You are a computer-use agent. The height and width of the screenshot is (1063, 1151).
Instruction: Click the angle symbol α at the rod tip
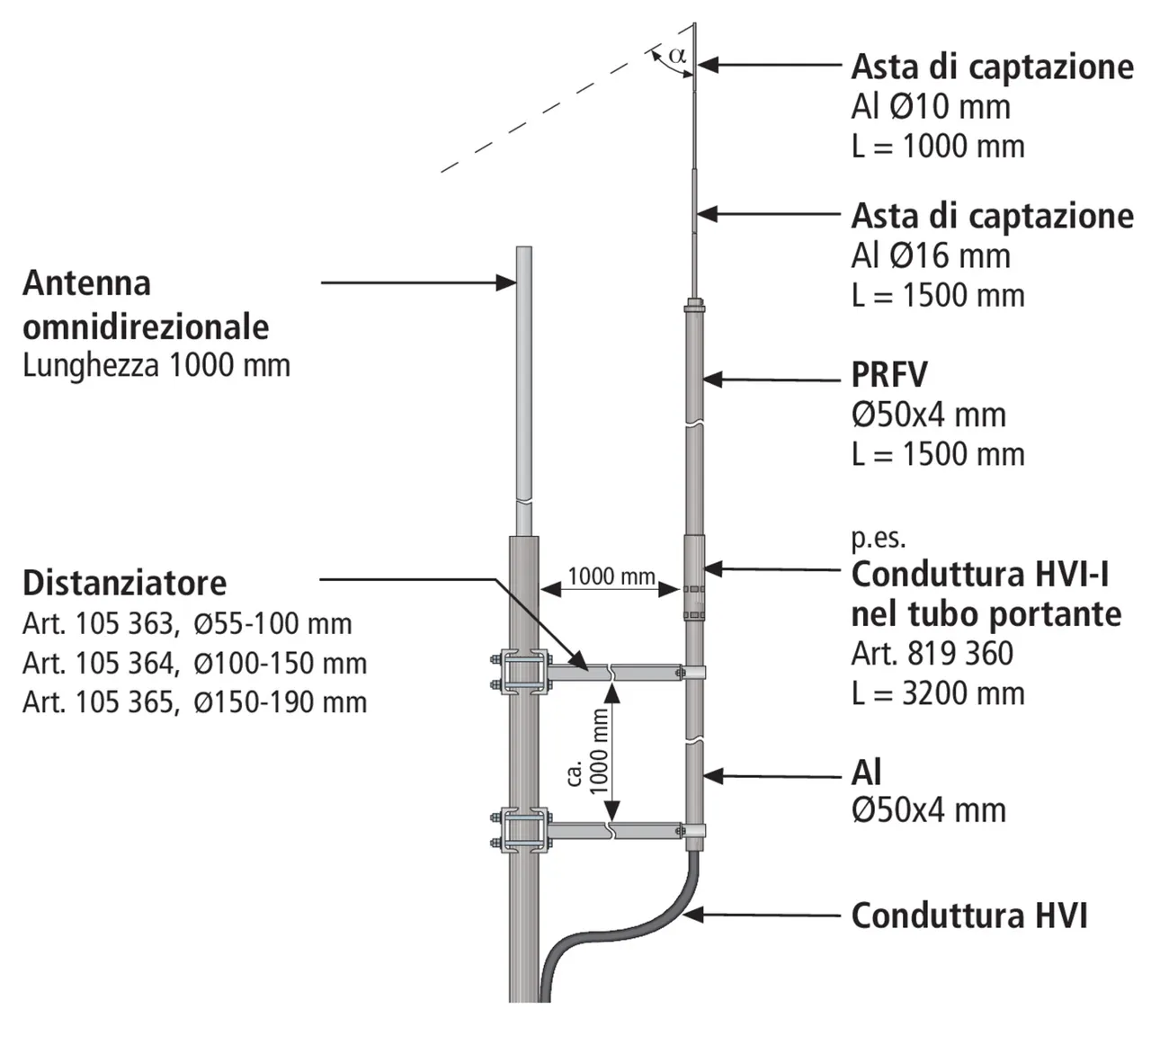click(x=677, y=55)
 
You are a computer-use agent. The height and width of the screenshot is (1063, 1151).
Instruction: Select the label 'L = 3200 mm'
click(x=938, y=693)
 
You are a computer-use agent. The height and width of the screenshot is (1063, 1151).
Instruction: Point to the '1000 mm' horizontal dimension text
click(x=611, y=576)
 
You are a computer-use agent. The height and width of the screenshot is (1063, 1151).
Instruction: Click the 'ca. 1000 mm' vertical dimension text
click(x=589, y=751)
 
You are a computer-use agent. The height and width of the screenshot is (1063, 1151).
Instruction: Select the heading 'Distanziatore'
click(x=124, y=583)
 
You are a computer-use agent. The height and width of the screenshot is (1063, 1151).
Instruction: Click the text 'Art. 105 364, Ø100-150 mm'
click(x=194, y=663)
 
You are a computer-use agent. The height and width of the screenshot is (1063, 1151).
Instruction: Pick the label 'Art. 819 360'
click(x=932, y=654)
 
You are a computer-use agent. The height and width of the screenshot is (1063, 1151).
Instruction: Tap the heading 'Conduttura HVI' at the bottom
click(x=969, y=916)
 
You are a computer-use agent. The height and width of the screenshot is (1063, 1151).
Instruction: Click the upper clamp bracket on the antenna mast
click(x=522, y=673)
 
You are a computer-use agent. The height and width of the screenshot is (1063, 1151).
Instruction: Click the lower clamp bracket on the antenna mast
click(x=522, y=831)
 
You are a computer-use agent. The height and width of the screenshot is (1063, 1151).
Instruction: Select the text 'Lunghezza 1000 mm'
click(x=156, y=365)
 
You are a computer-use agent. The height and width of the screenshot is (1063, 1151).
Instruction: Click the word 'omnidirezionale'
click(x=146, y=326)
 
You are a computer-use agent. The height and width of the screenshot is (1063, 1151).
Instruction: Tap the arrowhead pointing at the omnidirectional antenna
click(x=506, y=282)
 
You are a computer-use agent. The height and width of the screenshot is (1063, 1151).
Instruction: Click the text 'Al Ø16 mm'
click(x=931, y=256)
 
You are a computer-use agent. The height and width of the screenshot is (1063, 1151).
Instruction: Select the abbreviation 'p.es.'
click(x=879, y=538)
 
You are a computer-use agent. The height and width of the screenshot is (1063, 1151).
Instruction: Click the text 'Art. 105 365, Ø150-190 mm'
click(x=194, y=701)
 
